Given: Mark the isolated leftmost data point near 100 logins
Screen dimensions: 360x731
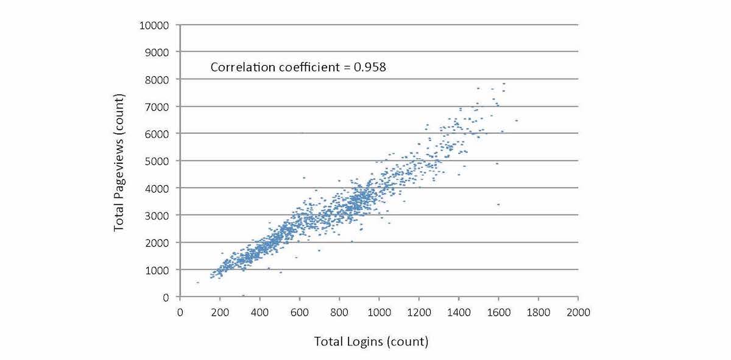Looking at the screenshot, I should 197,283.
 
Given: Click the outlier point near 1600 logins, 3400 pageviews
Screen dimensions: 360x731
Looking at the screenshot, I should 498,205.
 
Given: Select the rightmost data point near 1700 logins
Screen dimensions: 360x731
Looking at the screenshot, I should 516,121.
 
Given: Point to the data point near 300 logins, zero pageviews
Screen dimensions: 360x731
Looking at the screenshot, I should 243,295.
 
